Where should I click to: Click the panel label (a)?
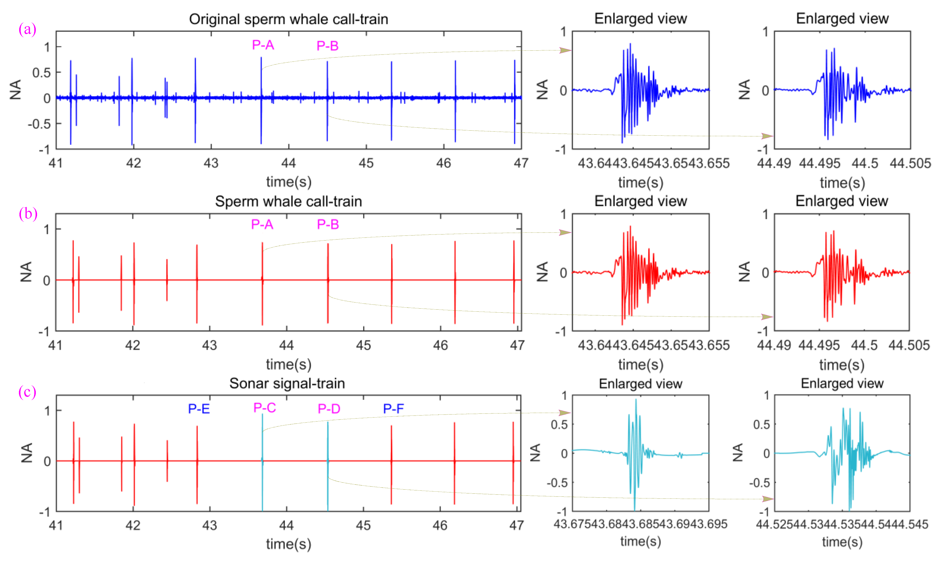(27, 29)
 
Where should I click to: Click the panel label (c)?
(27, 392)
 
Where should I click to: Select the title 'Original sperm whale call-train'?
(289, 19)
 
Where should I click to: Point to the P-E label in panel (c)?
(199, 408)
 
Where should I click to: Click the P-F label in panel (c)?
(393, 408)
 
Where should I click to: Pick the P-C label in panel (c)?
(265, 408)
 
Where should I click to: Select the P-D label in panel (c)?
(329, 408)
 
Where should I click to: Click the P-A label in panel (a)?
(263, 45)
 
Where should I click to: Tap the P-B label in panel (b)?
(328, 224)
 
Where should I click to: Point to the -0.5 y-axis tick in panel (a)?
(39, 124)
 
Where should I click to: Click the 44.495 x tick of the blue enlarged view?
(819, 163)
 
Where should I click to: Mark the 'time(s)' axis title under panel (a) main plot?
(289, 182)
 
